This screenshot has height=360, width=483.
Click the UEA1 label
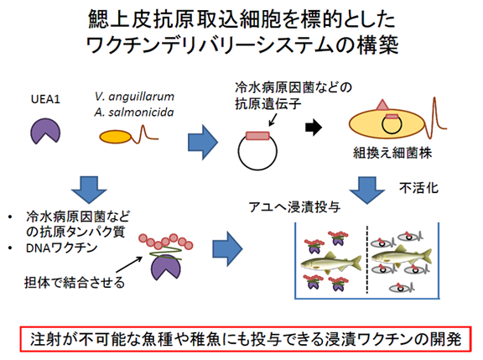(45, 99)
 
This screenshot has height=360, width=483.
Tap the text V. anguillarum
(134, 97)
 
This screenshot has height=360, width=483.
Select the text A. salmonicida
(134, 112)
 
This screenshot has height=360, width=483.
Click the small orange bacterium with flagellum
(116, 137)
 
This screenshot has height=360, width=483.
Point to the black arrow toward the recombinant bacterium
(314, 128)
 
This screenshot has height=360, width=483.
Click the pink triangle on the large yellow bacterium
(382, 105)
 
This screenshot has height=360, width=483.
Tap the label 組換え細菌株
(392, 153)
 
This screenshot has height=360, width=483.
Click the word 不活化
(418, 188)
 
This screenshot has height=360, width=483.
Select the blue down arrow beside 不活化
(367, 190)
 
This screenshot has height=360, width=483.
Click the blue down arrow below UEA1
(89, 190)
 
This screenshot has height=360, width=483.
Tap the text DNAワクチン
(61, 248)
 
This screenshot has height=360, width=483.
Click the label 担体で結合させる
(75, 282)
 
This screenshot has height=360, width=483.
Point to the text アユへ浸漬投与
(294, 206)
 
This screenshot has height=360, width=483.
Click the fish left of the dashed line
(331, 263)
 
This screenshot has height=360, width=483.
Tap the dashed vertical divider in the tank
(367, 259)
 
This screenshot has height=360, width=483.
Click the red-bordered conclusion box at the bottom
(246, 339)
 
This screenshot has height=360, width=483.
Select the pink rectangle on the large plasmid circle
(257, 136)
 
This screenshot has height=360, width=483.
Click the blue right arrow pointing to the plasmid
(203, 143)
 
